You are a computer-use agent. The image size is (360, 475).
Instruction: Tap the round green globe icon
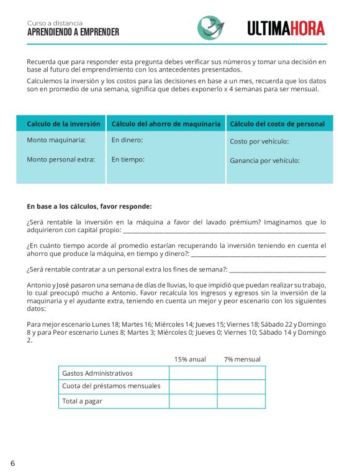pos(211,27)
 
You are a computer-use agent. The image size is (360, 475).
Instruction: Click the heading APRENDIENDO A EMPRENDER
pos(73,32)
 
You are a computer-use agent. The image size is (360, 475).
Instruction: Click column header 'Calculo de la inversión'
pos(63,124)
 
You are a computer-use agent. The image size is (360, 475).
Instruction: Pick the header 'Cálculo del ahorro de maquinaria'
pos(166,124)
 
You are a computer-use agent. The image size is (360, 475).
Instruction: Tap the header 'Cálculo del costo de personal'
pos(277,124)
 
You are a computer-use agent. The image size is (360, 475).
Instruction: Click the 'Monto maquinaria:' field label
pos(56,140)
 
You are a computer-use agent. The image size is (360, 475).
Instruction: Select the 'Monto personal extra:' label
pos(61,160)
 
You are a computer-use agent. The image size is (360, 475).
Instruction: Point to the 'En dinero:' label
pos(127,140)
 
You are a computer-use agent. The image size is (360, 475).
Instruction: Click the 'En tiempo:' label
pos(128,160)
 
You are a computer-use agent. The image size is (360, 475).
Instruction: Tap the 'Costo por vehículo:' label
pos(259,142)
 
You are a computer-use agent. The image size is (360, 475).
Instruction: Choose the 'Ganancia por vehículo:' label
pos(264,161)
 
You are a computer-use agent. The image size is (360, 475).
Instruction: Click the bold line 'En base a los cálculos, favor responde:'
pos(89,206)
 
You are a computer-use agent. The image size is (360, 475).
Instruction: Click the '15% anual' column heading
pos(190,360)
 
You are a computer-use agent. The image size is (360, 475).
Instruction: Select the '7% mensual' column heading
pos(242,360)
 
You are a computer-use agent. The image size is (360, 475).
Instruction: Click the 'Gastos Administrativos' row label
pos(97,373)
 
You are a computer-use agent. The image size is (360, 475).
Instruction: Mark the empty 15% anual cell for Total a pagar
pos(193,401)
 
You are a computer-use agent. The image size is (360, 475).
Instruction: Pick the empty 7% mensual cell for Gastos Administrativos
pos(241,373)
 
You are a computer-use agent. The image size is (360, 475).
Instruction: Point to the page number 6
pos(12,463)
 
